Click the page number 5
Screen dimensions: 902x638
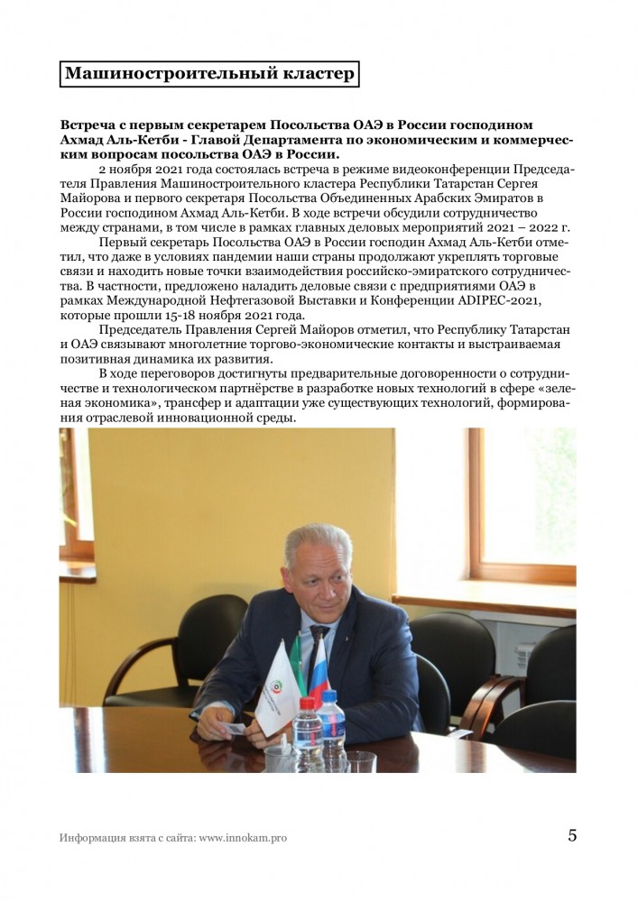pos(572,834)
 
